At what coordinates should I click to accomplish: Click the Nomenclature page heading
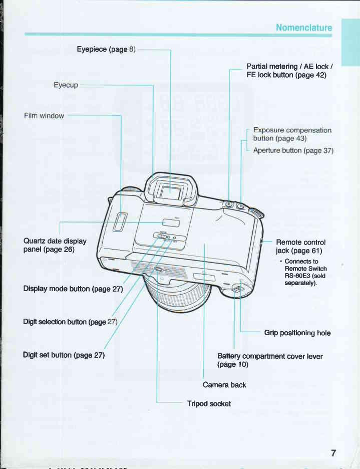click(304, 27)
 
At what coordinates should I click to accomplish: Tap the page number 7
click(332, 453)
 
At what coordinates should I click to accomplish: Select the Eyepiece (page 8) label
click(106, 49)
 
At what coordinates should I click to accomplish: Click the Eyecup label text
click(66, 85)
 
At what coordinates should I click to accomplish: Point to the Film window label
click(44, 116)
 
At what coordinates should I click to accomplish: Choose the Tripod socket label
click(209, 403)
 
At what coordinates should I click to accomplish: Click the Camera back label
click(224, 385)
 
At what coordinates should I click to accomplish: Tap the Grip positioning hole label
click(297, 333)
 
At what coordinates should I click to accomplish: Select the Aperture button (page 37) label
click(293, 150)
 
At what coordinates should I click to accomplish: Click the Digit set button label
click(64, 355)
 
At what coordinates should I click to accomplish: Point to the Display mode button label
click(73, 289)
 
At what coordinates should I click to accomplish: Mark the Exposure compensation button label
click(292, 134)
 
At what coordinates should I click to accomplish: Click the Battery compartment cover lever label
click(269, 360)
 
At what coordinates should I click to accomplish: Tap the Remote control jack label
click(299, 246)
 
